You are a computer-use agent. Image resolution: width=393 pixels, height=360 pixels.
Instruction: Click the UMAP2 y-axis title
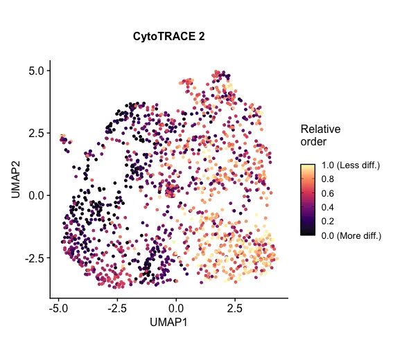pos(16,179)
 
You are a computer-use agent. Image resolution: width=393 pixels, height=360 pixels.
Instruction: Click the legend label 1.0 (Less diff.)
pos(351,166)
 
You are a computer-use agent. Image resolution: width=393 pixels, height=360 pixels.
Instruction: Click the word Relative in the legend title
pos(320,129)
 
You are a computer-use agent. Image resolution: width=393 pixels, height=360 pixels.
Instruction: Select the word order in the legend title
pos(313,142)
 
